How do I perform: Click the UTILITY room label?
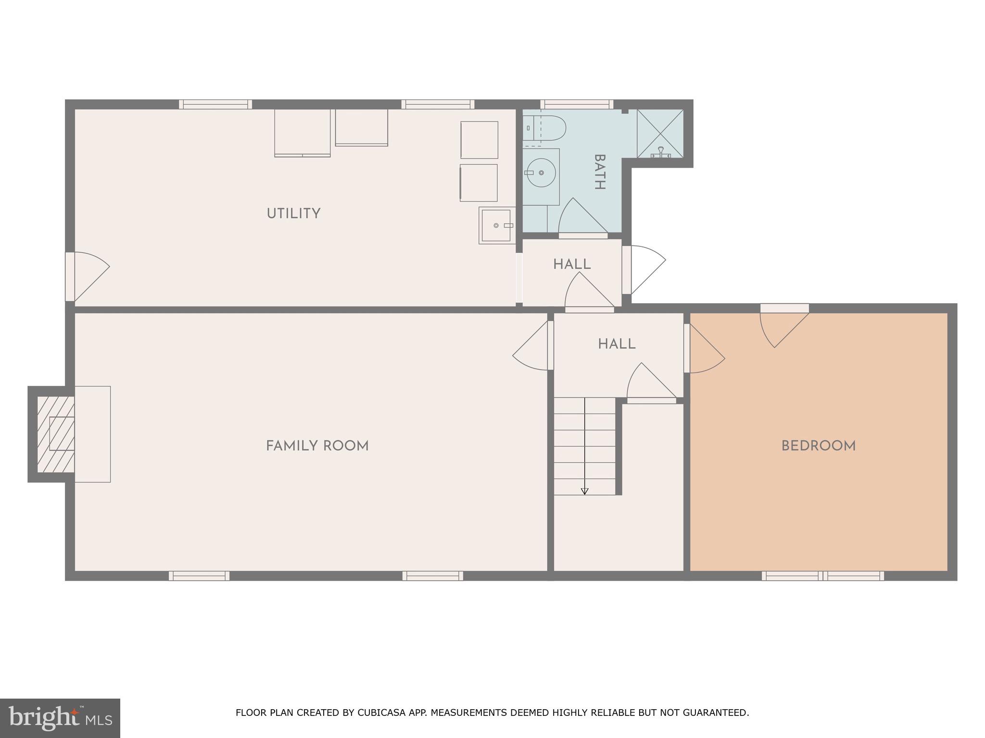293,213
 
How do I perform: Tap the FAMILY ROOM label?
317,446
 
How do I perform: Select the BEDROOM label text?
818,446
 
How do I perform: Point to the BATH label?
599,172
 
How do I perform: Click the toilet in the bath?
544,128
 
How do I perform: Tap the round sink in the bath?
541,172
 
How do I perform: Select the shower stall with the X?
660,134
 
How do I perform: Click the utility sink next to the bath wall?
496,225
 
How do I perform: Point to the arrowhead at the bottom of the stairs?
584,491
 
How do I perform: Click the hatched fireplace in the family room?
56,434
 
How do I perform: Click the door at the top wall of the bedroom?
784,324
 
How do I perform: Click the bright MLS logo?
60,718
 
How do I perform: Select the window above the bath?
576,104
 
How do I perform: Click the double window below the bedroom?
822,576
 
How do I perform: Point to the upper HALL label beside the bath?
571,264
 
